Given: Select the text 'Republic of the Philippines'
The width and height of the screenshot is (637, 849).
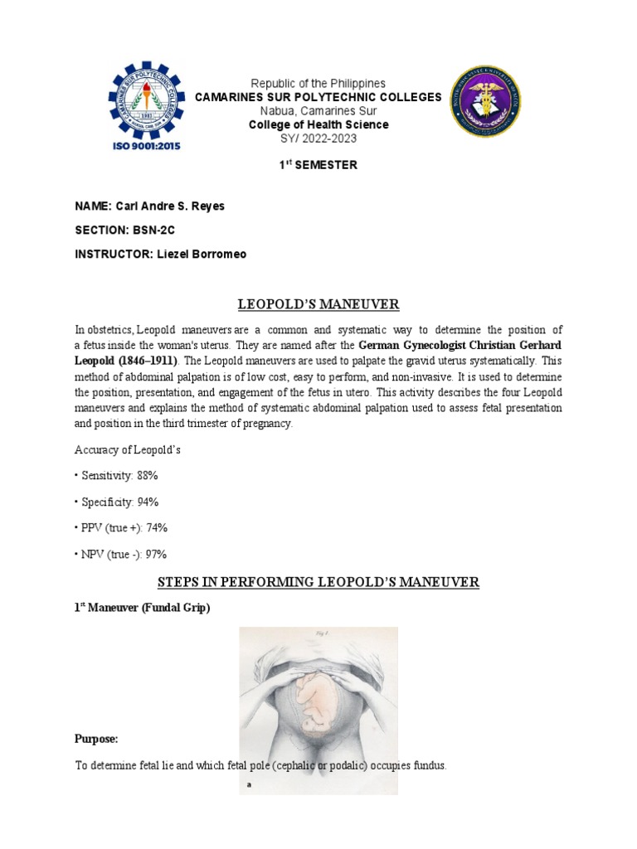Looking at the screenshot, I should coord(318,84).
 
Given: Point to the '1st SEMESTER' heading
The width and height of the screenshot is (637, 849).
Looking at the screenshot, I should coord(318,165).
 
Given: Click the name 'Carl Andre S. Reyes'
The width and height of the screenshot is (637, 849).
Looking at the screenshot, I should coord(175,206).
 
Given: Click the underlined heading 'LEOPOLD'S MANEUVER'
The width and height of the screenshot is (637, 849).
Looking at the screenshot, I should coord(318,306).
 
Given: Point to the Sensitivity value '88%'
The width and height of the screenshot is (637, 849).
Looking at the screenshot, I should coord(147,475).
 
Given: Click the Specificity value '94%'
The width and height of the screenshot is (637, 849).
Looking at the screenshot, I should coord(148,502).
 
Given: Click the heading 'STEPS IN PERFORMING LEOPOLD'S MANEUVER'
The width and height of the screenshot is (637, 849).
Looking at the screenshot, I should coord(318,582).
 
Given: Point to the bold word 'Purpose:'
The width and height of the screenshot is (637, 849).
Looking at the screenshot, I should coord(96,739).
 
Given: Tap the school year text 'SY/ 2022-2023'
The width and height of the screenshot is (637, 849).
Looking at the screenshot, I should coord(318,138).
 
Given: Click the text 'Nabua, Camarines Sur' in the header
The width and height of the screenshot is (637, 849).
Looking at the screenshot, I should coord(318,111).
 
